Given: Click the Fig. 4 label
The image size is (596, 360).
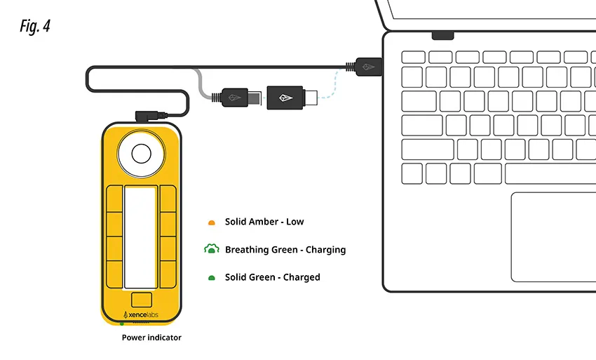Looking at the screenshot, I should click(35, 27).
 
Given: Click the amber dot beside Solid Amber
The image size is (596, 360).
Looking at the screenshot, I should click(210, 222).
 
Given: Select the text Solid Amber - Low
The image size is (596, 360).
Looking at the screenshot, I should click(264, 222).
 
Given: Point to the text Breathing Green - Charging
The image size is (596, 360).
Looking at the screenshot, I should click(285, 249).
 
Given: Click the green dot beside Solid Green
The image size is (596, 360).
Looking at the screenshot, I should click(210, 278).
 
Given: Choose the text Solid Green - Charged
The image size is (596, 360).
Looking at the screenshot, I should click(272, 277).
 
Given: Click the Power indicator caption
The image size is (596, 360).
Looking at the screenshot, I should click(151, 338).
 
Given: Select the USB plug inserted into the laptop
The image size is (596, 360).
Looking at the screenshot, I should click(368, 66).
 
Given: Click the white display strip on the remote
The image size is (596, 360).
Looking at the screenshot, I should click(140, 237).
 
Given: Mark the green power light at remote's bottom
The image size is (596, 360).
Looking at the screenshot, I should click(122, 324).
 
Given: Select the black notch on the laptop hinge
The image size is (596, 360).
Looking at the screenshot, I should click(442, 34).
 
